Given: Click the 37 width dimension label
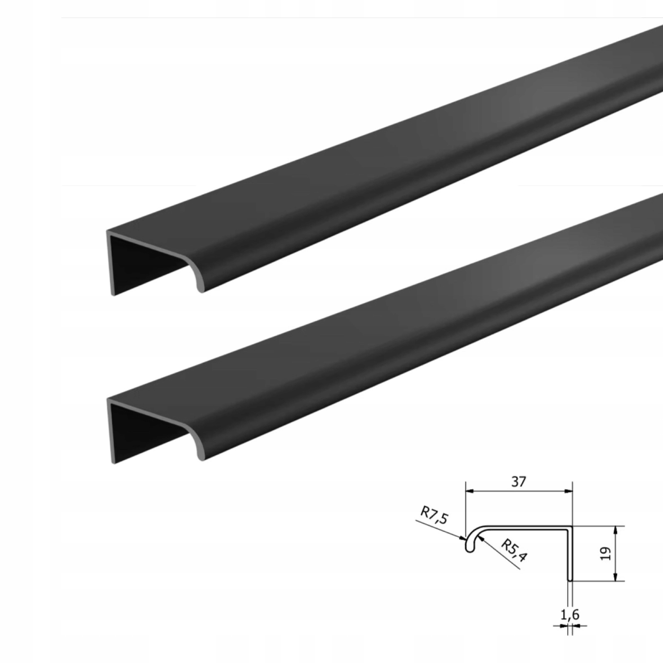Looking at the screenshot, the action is point(518,482).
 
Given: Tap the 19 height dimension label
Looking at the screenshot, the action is point(606,553).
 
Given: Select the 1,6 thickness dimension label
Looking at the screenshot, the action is point(570,614).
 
